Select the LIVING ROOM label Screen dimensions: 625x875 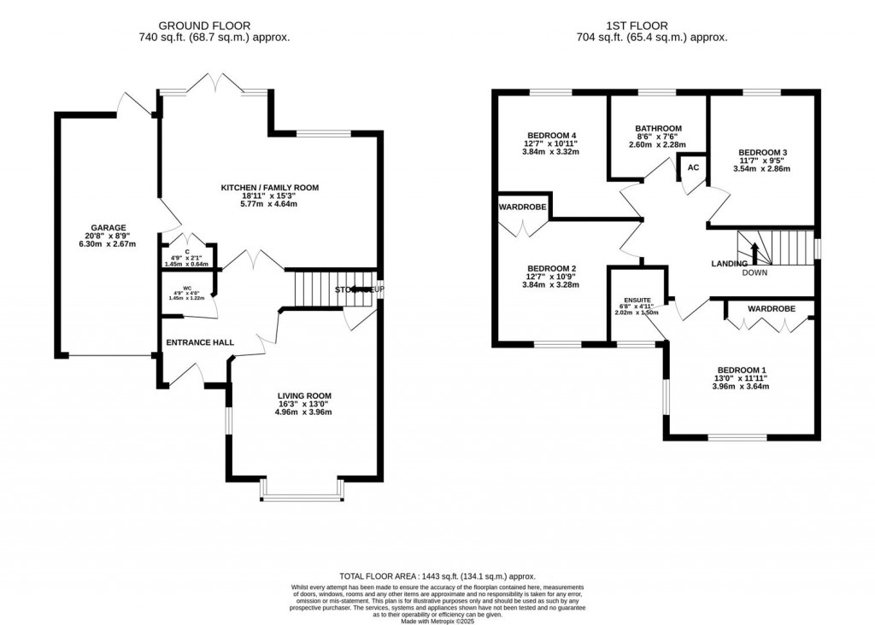pyautogui.click(x=302, y=394)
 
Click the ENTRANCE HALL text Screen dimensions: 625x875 pyautogui.click(x=200, y=342)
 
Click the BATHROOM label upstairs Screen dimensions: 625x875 pyautogui.click(x=657, y=129)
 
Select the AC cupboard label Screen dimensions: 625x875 pyautogui.click(x=693, y=167)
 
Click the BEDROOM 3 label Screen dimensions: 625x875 pyautogui.click(x=762, y=153)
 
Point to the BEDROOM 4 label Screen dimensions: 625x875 pyautogui.click(x=551, y=135)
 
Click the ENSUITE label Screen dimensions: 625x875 pyautogui.click(x=637, y=301)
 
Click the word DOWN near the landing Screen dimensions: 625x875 pyautogui.click(x=754, y=273)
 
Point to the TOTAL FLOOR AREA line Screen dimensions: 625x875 pyautogui.click(x=437, y=576)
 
